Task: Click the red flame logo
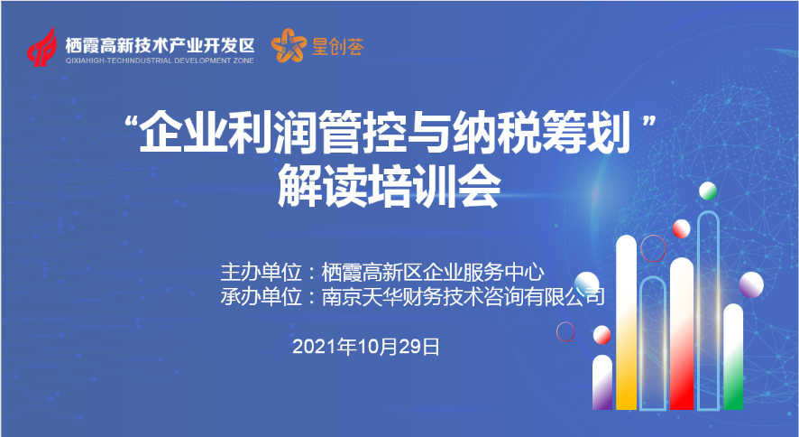click(x=41, y=47)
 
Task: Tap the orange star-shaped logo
click(x=289, y=45)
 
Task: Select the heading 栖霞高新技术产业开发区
click(x=160, y=46)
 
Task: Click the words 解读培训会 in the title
click(x=389, y=188)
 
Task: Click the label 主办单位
click(x=261, y=273)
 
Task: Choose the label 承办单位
click(x=261, y=296)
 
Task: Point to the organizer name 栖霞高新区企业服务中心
click(x=433, y=273)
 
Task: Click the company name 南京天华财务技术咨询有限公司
click(x=464, y=296)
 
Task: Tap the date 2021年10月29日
click(x=366, y=348)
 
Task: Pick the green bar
click(x=733, y=357)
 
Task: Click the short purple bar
click(x=602, y=382)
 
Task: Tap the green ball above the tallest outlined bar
click(x=708, y=191)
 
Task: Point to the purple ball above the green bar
click(x=751, y=284)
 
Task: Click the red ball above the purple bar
click(x=602, y=334)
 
